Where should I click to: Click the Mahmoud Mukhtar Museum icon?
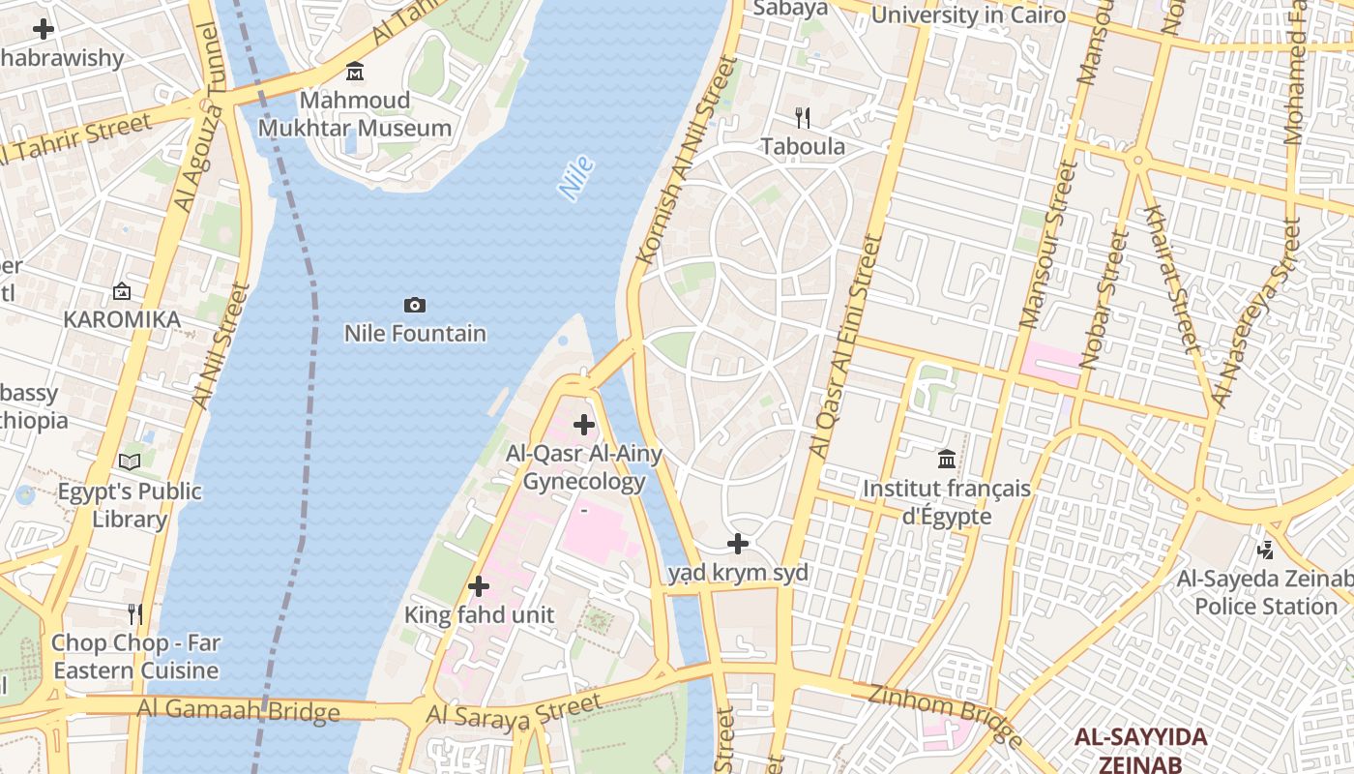355,72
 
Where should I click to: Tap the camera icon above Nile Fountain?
414,306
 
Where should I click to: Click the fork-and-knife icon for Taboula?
802,118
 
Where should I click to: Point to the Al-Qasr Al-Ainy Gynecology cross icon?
584,425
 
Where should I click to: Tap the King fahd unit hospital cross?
478,586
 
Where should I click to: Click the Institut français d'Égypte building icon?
947,459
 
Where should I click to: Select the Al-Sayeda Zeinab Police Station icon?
1265,551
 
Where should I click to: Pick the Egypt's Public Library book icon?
130,462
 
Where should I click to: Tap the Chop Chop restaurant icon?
135,614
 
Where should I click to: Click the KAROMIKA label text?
122,319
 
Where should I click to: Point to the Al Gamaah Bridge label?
238,710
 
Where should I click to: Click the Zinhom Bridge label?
945,715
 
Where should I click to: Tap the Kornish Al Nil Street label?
687,160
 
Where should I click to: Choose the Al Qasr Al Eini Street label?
847,345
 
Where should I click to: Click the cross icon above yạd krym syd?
738,544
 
